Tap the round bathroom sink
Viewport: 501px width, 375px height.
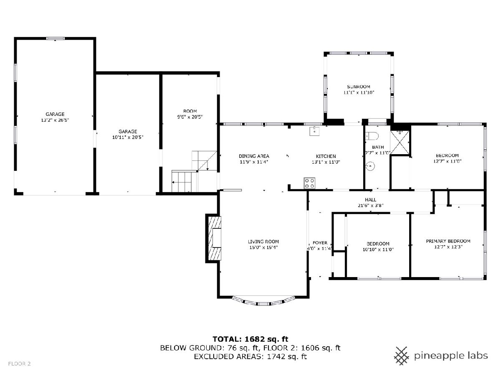[370, 166]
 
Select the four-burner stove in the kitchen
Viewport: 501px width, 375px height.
[309, 183]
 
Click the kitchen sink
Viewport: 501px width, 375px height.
[314, 131]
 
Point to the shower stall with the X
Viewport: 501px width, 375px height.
[400, 142]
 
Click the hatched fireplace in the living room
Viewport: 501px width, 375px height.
[214, 238]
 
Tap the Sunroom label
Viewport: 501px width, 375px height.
[358, 87]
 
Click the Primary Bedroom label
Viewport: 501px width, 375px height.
[448, 241]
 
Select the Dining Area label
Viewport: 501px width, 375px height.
[254, 156]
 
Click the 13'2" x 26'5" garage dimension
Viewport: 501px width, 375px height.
[55, 120]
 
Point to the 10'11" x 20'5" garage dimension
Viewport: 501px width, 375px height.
[128, 137]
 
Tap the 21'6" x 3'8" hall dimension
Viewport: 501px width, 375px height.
[370, 205]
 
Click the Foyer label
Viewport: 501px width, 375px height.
[320, 243]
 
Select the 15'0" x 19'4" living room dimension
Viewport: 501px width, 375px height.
[263, 247]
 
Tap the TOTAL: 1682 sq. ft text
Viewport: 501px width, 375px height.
[250, 339]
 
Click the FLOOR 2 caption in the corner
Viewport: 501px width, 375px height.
[19, 364]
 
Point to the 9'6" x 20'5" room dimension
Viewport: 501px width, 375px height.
[190, 117]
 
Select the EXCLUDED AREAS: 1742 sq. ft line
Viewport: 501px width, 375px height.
[250, 357]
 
